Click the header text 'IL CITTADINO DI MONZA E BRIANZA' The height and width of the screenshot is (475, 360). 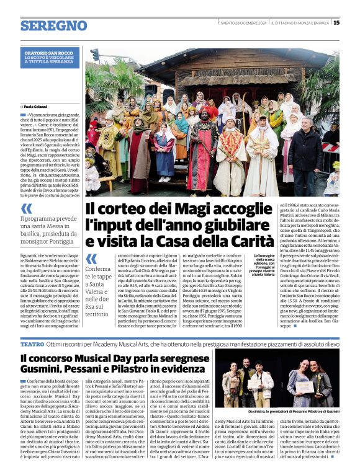pyautogui.click(x=300, y=23)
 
